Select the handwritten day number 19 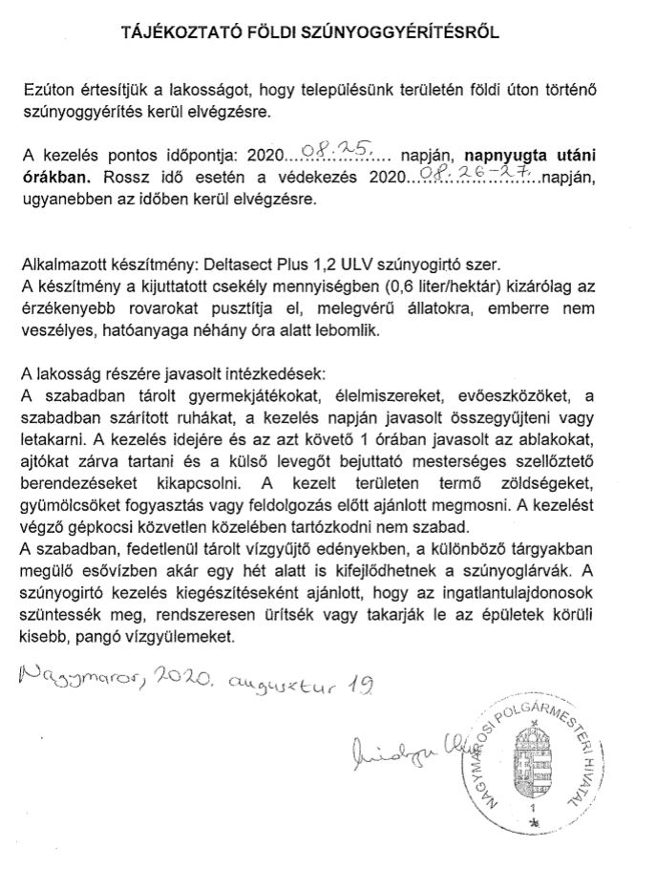[x=360, y=682]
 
